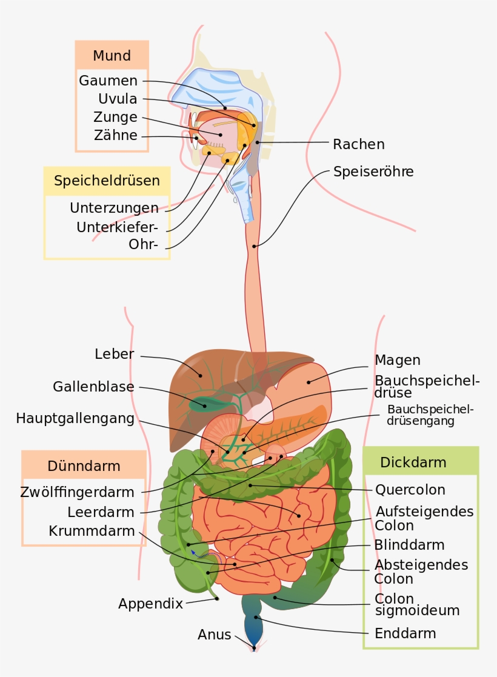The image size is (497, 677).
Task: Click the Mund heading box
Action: coord(112,56)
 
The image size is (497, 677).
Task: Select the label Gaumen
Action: coord(108,81)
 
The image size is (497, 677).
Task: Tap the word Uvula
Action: coord(118,99)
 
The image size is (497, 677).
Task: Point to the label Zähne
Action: coord(115,135)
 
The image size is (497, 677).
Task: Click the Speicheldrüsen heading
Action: coord(107,181)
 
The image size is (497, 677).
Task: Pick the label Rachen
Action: coord(359,144)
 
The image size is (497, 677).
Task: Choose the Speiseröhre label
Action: coord(373,172)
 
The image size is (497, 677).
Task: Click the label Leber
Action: coord(114,354)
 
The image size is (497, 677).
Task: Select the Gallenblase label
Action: coord(93,386)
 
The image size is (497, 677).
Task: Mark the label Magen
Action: coord(397,360)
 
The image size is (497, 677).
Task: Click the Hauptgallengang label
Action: coord(75,418)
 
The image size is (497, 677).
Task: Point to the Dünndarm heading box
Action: coord(84,466)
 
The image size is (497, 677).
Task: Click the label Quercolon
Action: coord(410,490)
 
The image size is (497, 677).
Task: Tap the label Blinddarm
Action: coord(409,544)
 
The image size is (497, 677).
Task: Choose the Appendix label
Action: coord(150,604)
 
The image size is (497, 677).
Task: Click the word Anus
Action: coord(214,635)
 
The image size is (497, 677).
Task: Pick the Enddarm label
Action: coord(405,634)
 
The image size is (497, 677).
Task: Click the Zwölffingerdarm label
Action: coord(77,492)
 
